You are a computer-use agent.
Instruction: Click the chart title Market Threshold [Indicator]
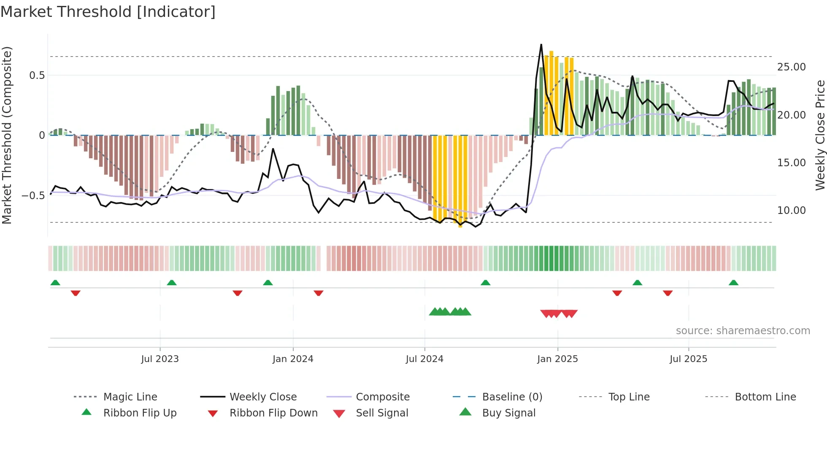point(108,12)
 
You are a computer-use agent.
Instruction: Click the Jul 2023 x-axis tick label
point(160,359)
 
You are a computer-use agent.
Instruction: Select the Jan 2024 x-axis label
point(293,359)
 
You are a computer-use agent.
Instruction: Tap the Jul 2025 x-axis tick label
point(688,359)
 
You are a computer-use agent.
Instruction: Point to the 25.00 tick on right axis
point(791,67)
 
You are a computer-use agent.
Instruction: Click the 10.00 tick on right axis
point(791,210)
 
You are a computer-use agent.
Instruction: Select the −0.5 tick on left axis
point(33,196)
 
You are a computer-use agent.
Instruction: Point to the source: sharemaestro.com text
point(743,331)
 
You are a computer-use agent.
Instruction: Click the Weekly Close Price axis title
point(820,135)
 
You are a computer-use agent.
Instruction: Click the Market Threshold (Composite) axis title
point(7,135)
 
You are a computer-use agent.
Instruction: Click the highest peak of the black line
point(541,45)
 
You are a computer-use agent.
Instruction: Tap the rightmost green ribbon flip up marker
point(733,283)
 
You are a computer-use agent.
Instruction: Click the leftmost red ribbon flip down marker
point(76,293)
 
